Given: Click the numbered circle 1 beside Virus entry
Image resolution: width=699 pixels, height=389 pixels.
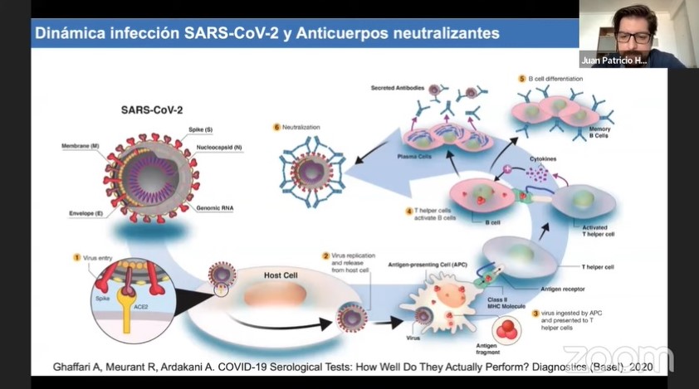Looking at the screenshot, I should point(76,257).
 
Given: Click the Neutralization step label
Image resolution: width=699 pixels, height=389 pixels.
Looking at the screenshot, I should point(301,127).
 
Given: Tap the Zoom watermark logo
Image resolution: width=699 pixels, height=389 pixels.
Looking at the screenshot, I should point(618,358).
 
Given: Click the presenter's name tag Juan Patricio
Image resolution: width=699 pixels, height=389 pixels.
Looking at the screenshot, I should point(614,61).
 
